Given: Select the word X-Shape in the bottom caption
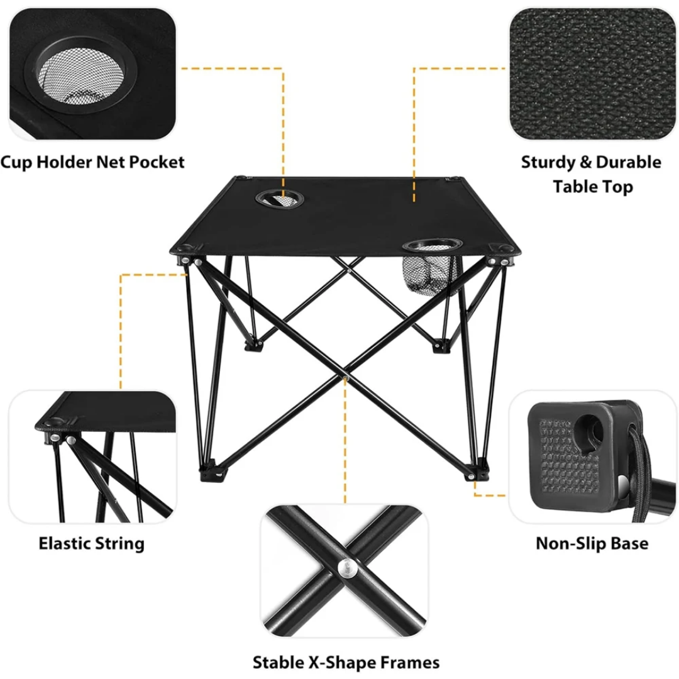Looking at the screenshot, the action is pyautogui.click(x=340, y=663).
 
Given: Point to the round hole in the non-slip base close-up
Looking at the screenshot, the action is pyautogui.click(x=590, y=429).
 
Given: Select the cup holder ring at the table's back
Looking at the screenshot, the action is pyautogui.click(x=280, y=199).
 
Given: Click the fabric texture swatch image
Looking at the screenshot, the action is pyautogui.click(x=592, y=74).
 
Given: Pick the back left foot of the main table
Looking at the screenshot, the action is pyautogui.click(x=253, y=345).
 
